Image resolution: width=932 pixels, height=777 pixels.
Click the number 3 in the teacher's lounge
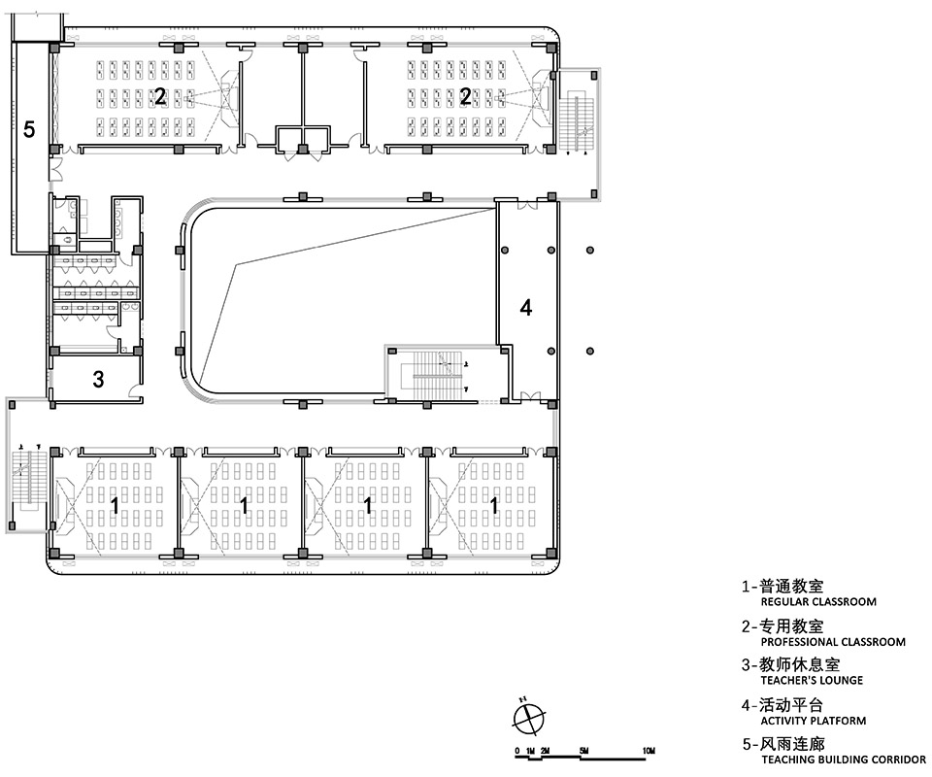coord(98,380)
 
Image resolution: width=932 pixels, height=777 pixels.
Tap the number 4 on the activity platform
coord(526,308)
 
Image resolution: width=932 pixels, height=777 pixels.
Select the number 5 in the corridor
coord(29,130)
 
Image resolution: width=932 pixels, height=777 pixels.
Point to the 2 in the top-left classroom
coord(160,96)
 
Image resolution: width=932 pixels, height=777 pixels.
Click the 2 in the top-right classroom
coord(466,96)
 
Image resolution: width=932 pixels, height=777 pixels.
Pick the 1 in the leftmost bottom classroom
coord(116,505)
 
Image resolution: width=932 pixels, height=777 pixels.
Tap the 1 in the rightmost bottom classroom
coord(494,505)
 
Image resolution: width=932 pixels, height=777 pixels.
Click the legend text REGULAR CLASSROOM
coord(817,602)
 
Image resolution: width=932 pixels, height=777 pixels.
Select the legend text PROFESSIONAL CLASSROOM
coord(832,642)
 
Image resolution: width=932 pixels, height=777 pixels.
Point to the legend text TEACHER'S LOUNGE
coord(811,681)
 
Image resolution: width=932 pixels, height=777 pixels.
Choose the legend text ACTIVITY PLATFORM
coord(813,721)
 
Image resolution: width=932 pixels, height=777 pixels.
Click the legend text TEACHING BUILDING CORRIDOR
coord(843,760)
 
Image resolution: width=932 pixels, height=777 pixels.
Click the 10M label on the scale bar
coord(649,752)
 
